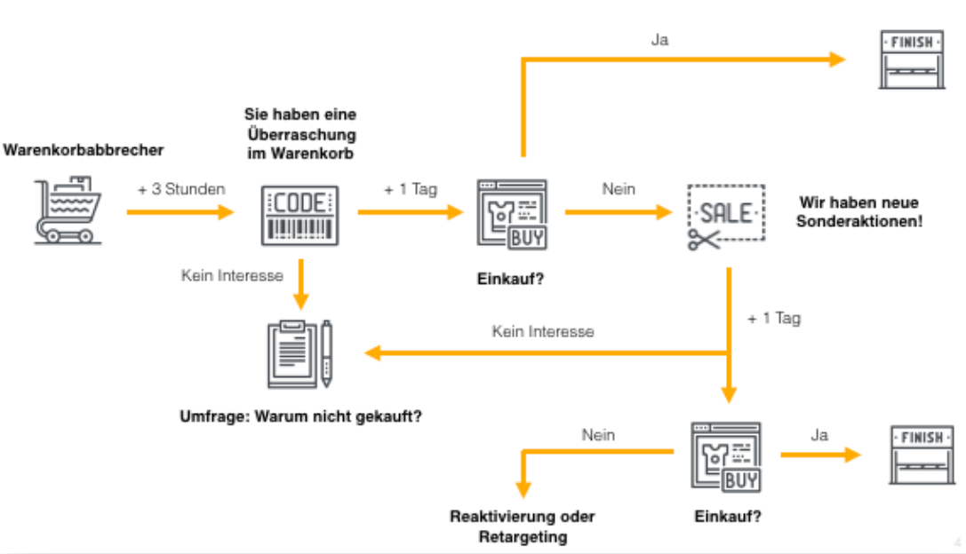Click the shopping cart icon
(x=68, y=210)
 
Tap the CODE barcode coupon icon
(x=300, y=216)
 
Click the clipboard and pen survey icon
(x=300, y=354)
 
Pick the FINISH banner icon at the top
(x=912, y=59)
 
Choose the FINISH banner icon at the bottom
(x=922, y=455)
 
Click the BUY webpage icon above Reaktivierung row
(x=726, y=457)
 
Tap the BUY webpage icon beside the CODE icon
(x=512, y=215)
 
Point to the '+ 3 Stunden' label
(x=181, y=189)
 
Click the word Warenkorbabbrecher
(x=84, y=149)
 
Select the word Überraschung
(x=301, y=133)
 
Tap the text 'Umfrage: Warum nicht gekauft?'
(x=300, y=416)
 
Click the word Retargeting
(x=523, y=537)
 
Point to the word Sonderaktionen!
(x=859, y=221)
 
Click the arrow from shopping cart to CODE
(x=180, y=212)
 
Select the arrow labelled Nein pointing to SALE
(x=619, y=212)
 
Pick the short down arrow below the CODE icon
(x=300, y=284)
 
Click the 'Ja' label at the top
(x=659, y=40)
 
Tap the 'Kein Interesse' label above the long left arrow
(x=543, y=331)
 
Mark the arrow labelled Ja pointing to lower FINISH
(x=820, y=455)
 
